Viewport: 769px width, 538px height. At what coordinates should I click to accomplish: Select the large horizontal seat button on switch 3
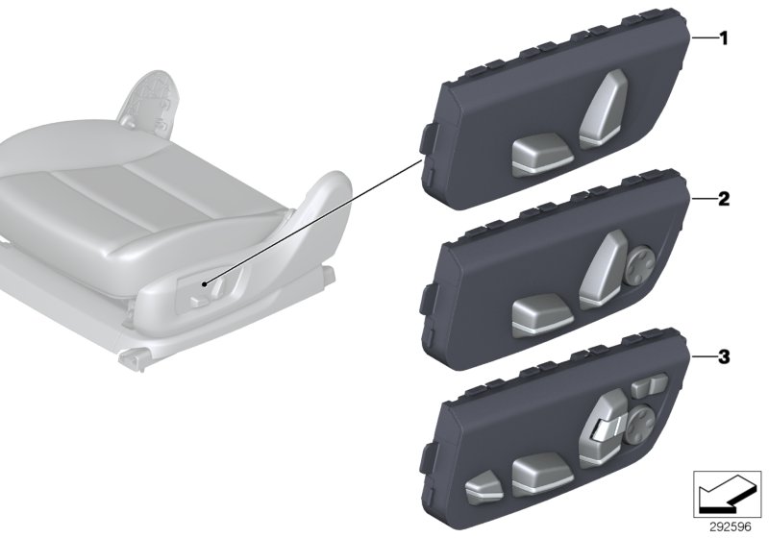536,472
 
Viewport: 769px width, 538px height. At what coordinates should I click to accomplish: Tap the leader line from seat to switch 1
317,222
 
